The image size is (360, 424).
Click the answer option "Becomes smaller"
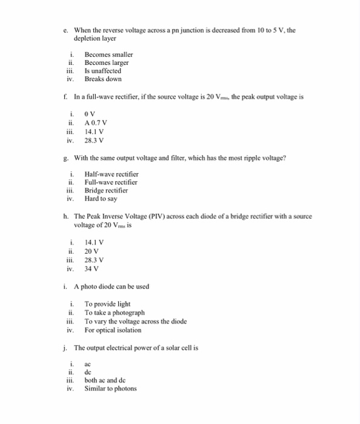(108, 55)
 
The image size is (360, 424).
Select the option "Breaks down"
(103, 79)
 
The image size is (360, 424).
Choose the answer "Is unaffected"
(103, 71)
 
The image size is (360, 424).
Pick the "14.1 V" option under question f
(94, 131)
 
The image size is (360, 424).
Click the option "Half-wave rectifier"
(112, 174)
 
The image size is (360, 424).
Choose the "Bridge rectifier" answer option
(107, 190)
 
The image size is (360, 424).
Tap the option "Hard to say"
(101, 199)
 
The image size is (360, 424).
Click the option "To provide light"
(107, 304)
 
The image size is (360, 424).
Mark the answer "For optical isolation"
(113, 330)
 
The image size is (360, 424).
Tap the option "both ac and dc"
(105, 380)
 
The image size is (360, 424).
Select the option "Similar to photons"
(111, 389)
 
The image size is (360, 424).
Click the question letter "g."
(65, 159)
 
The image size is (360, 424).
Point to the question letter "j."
(65, 348)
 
